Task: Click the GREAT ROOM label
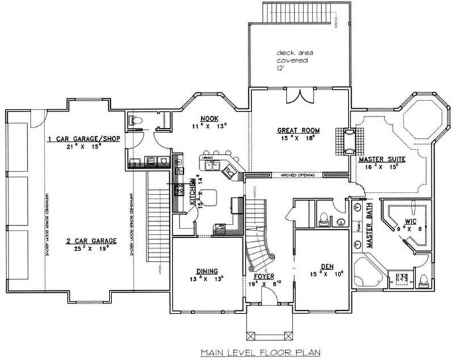coord(296,131)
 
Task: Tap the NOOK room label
coord(210,116)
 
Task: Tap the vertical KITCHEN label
coord(191,193)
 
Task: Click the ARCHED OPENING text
coord(295,175)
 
